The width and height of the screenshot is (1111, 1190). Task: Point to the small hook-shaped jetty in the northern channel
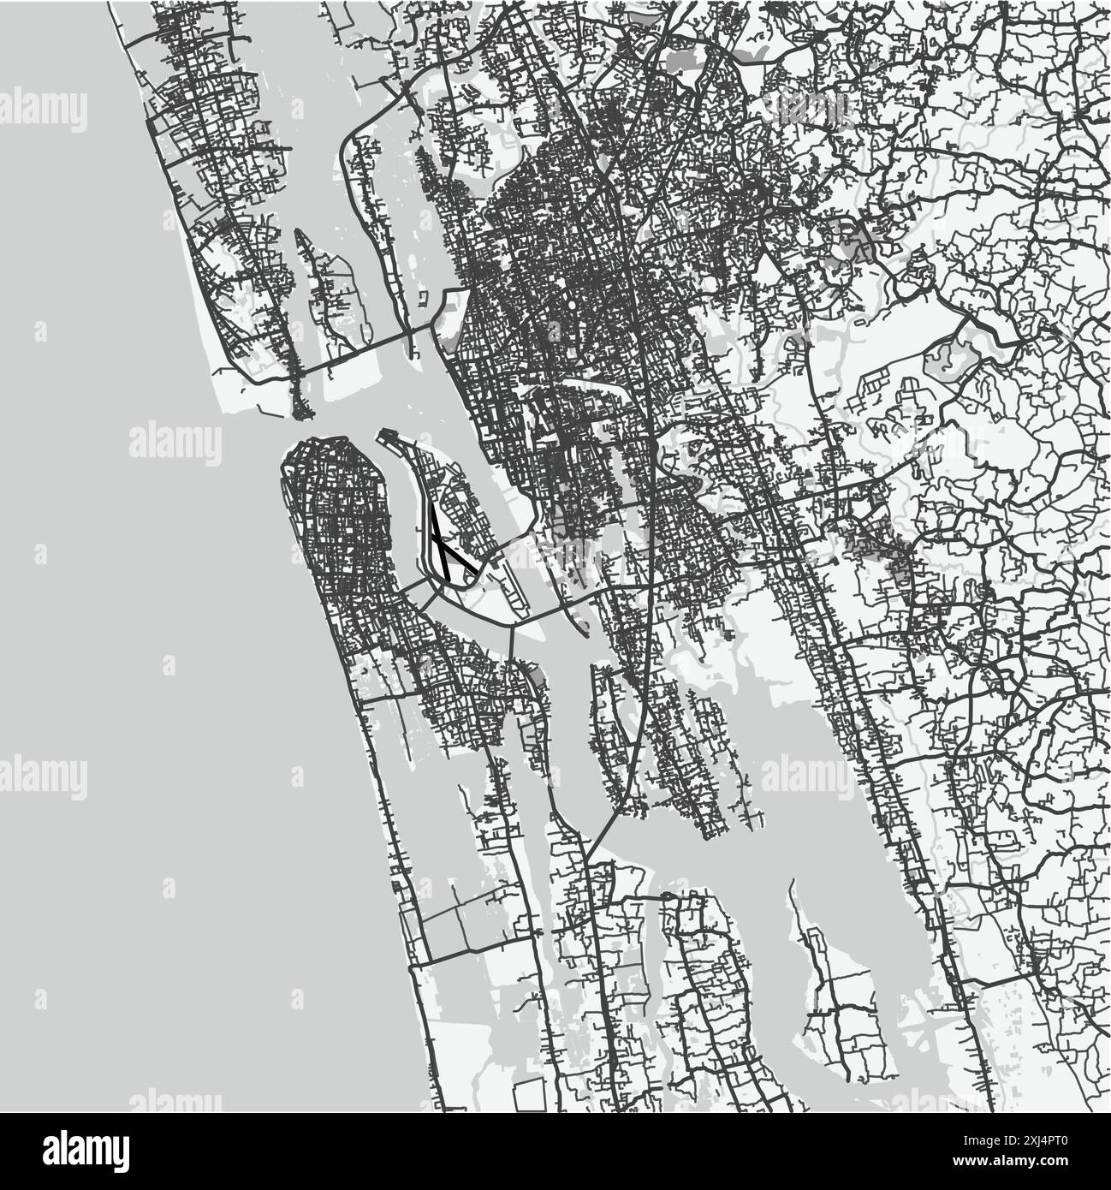423,299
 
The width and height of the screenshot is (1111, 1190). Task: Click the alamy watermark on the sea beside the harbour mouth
175,442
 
